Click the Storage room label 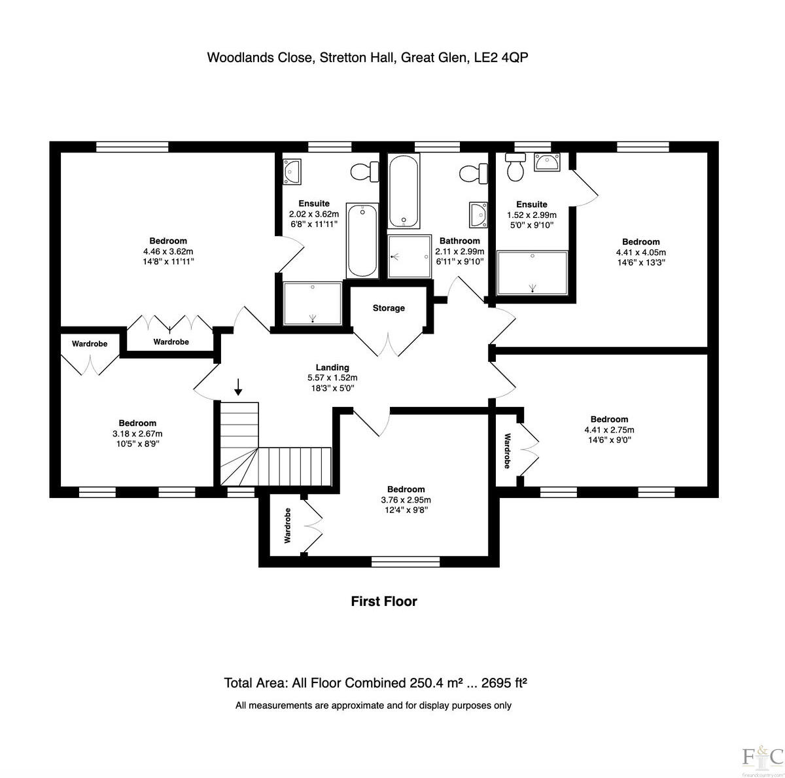click(389, 308)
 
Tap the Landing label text click(332, 368)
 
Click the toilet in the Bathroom click(473, 174)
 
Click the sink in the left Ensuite click(292, 171)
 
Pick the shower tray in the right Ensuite click(532, 273)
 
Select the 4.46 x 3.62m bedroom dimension click(168, 251)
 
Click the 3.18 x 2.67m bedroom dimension click(137, 433)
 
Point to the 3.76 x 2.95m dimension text click(406, 500)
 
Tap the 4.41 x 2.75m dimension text click(609, 430)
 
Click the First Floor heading click(384, 601)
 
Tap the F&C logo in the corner click(762, 756)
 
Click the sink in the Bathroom click(479, 215)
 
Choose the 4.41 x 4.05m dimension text click(640, 253)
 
